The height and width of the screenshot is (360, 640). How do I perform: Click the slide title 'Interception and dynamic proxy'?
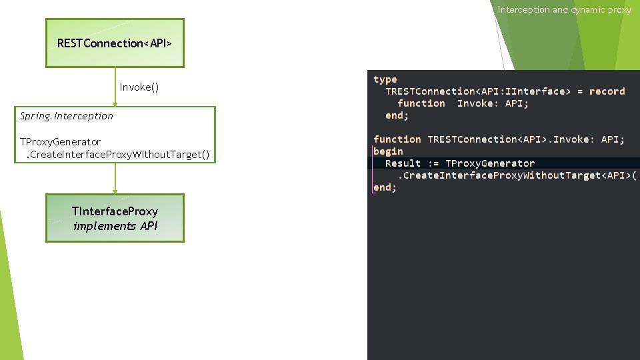(564, 10)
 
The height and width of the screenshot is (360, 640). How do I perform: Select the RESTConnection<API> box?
(115, 43)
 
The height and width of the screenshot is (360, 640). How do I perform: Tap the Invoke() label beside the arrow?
(139, 87)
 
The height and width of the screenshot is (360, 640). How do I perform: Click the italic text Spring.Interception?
(67, 116)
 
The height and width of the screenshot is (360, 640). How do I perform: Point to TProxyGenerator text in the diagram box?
(61, 142)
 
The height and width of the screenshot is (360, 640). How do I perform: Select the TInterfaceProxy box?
(115, 218)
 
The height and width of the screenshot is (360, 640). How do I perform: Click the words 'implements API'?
(115, 226)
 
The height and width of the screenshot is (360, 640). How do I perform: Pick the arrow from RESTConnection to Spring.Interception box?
(115, 87)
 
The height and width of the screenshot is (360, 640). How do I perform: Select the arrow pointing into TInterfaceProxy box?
(115, 179)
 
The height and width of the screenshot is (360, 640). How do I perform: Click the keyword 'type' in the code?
(385, 79)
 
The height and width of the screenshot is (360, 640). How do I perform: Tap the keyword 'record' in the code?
(607, 91)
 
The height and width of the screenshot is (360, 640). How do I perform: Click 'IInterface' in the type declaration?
(533, 91)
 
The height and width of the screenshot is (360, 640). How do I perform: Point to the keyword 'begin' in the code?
(388, 151)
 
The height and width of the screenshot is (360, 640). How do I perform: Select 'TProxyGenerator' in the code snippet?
(490, 163)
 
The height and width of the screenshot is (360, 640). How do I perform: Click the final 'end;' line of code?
(385, 187)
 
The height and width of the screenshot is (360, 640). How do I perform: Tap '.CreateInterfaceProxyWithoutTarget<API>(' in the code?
(517, 175)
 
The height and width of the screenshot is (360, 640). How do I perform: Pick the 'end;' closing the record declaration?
(397, 115)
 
